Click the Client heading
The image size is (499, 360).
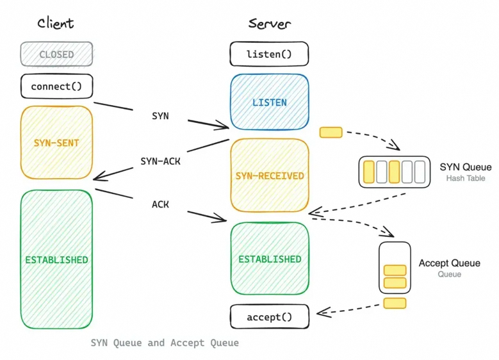pyautogui.click(x=55, y=24)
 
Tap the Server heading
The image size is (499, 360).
pyautogui.click(x=269, y=24)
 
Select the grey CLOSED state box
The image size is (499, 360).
pyautogui.click(x=56, y=54)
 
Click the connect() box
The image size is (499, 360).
pyautogui.click(x=56, y=86)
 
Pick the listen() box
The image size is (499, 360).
pyautogui.click(x=269, y=54)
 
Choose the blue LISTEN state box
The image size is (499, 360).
pyautogui.click(x=270, y=102)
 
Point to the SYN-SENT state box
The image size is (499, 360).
pyautogui.click(x=56, y=143)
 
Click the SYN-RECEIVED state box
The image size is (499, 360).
pyautogui.click(x=270, y=176)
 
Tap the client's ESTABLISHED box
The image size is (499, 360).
pyautogui.click(x=56, y=259)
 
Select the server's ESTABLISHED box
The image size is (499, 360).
pyautogui.click(x=270, y=258)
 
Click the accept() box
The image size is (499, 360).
pyautogui.click(x=270, y=316)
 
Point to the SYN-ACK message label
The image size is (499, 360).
pyautogui.click(x=160, y=161)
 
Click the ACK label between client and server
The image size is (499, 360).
pyautogui.click(x=160, y=204)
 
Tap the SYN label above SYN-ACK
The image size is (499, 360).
pyautogui.click(x=160, y=116)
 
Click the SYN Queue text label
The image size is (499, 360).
pyautogui.click(x=466, y=167)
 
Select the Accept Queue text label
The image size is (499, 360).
pyautogui.click(x=449, y=263)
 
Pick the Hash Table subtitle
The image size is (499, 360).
pyautogui.click(x=466, y=178)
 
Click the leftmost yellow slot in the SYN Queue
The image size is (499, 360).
pyautogui.click(x=369, y=172)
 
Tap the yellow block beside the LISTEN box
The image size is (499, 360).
pyautogui.click(x=331, y=133)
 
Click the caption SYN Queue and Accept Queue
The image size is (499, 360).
pyautogui.click(x=165, y=343)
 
